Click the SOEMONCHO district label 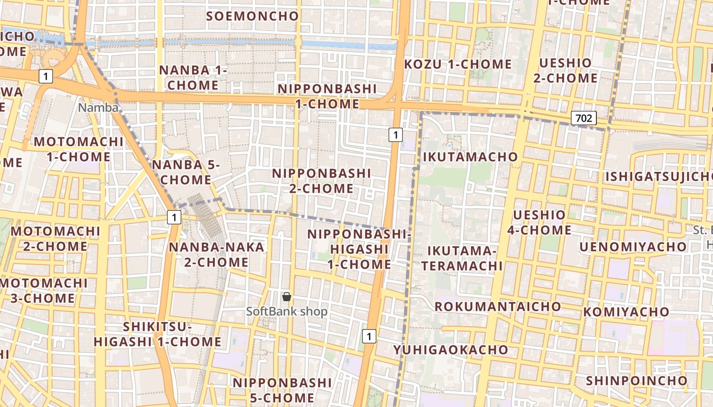(x=252, y=16)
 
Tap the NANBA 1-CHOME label (x=193, y=77)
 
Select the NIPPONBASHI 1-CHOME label (x=327, y=96)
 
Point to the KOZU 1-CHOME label (x=458, y=64)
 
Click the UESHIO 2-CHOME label (x=565, y=71)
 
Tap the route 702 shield (x=583, y=119)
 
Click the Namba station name (x=98, y=108)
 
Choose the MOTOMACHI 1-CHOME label (x=78, y=149)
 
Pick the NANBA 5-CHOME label (x=185, y=172)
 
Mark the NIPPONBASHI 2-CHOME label (x=321, y=181)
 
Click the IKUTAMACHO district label (x=470, y=157)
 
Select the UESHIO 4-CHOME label (x=539, y=222)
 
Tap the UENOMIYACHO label (x=633, y=247)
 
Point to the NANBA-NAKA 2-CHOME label (x=216, y=254)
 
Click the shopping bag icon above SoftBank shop (x=287, y=297)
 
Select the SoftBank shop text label (x=287, y=311)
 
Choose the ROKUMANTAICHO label (x=498, y=306)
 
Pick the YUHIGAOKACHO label (x=451, y=350)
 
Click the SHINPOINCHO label (x=637, y=381)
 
